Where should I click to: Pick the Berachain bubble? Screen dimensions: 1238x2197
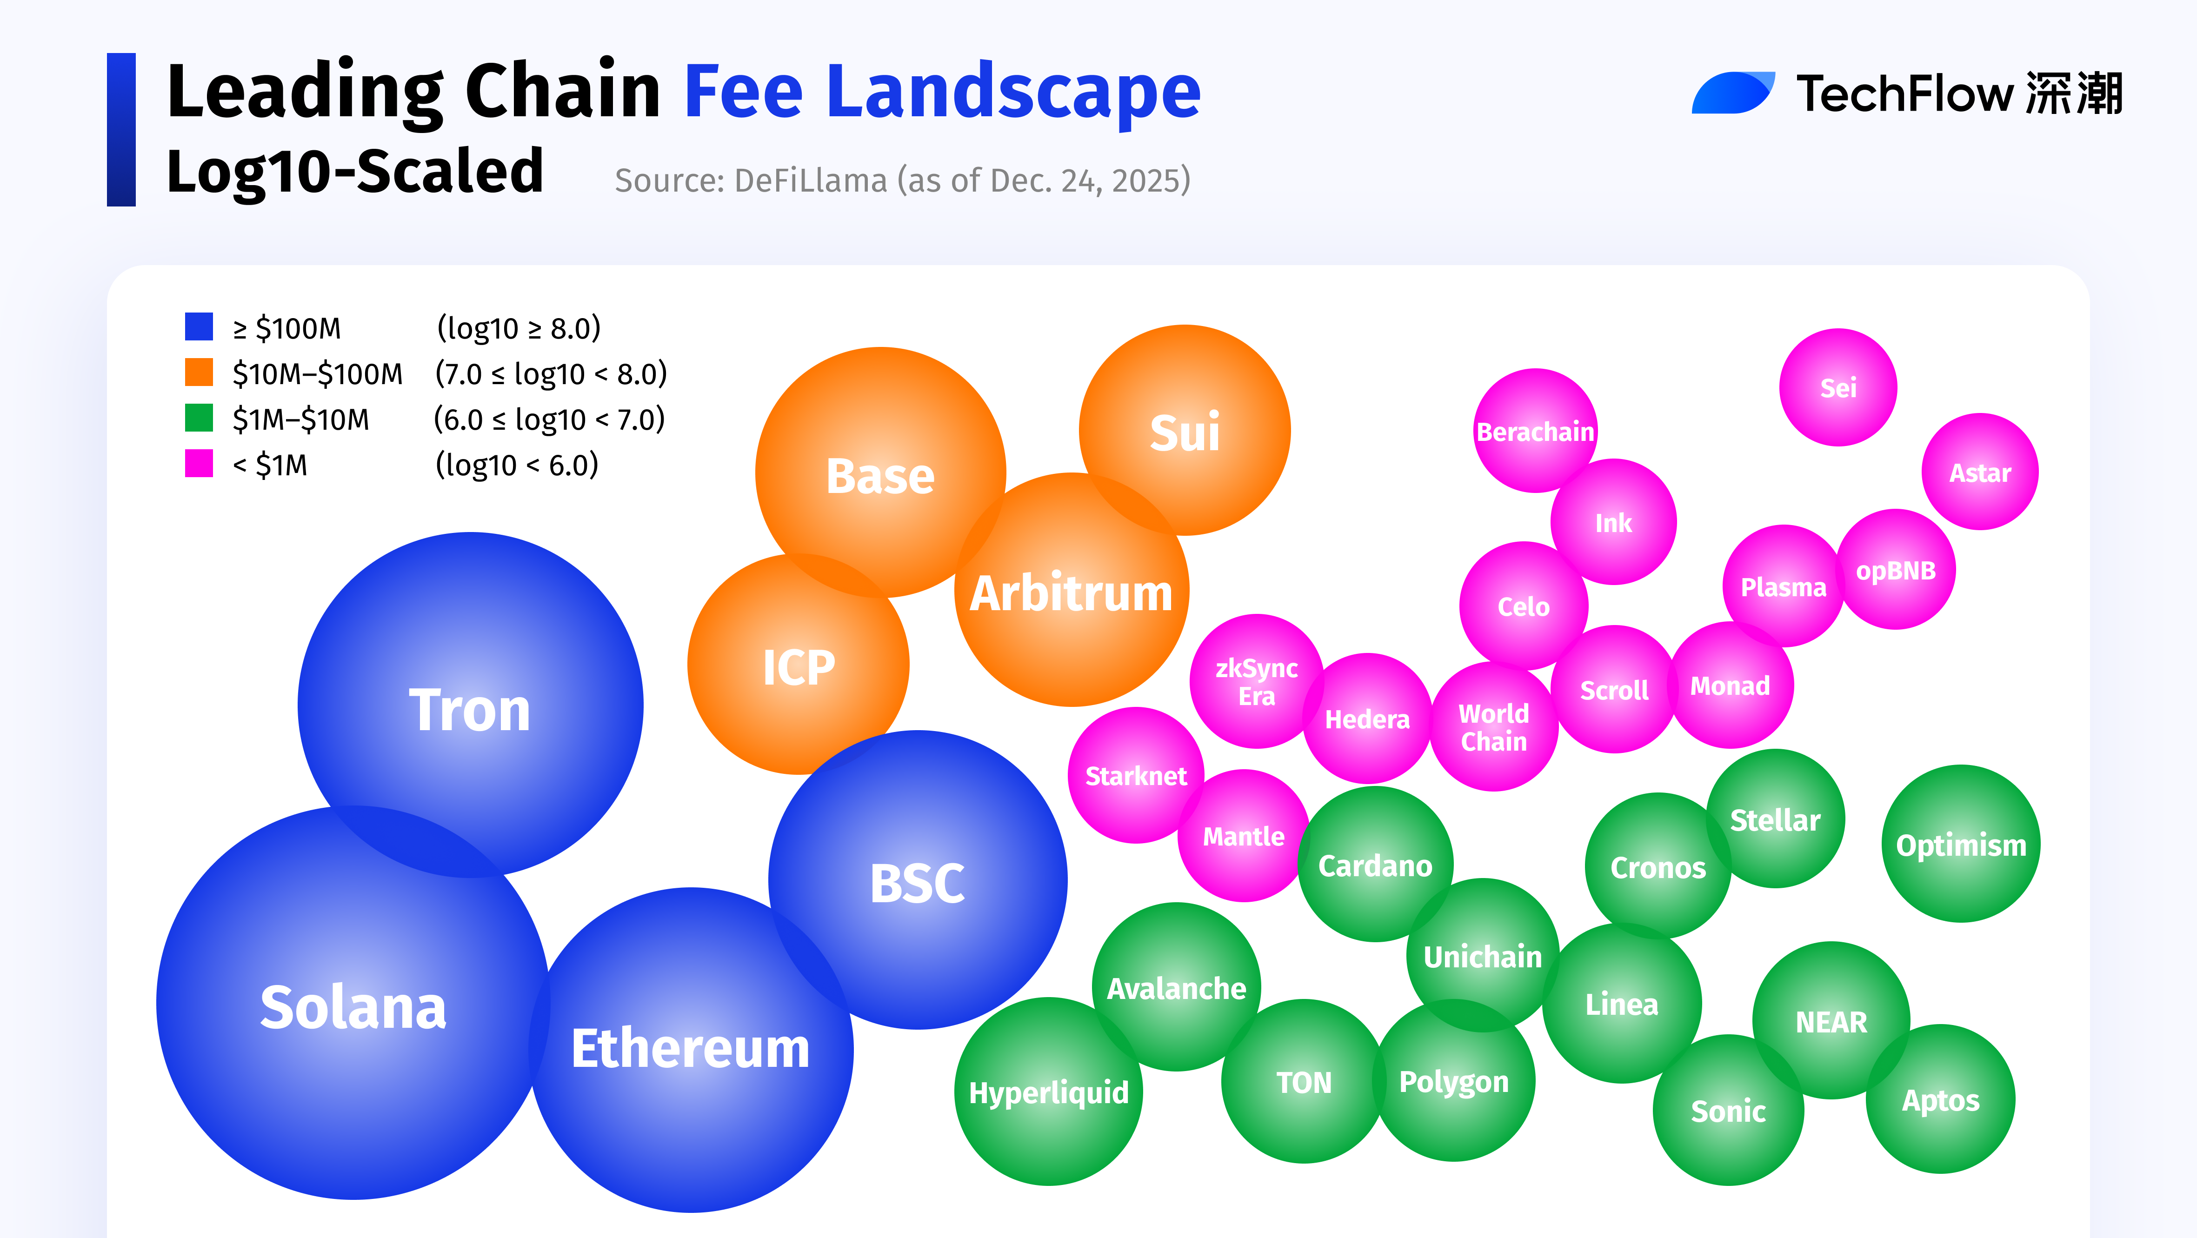tap(1535, 432)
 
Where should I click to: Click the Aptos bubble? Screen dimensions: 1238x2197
tap(1940, 1100)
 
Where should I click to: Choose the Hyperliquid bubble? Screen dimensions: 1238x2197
tap(1048, 1092)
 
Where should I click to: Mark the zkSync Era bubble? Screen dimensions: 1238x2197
tap(1256, 681)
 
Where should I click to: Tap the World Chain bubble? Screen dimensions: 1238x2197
tap(1493, 727)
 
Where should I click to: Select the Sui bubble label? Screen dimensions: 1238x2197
tap(1185, 433)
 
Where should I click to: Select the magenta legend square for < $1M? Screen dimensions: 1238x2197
tap(199, 464)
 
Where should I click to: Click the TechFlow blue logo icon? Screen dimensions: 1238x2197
tap(1732, 93)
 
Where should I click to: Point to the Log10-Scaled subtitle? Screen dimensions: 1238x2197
tap(355, 171)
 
